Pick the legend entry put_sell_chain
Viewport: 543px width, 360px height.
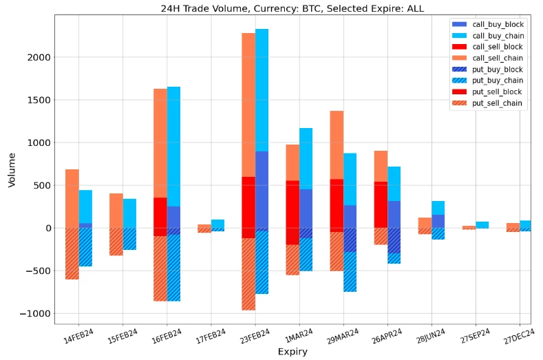498,103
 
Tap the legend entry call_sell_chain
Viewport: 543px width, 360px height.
498,58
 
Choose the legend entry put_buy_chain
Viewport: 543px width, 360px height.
498,81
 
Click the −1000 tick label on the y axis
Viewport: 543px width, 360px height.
34,313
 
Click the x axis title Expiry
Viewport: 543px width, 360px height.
292,352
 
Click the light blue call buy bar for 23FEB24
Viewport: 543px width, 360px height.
262,89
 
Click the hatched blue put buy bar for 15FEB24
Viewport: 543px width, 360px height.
129,239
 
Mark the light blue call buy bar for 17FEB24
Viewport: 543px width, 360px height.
217,224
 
